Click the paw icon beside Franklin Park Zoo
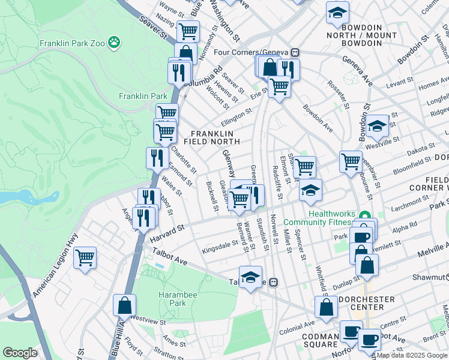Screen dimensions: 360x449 pyautogui.click(x=114, y=43)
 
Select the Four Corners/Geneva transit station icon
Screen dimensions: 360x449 pyautogui.click(x=294, y=52)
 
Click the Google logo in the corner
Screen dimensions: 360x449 pyautogui.click(x=20, y=353)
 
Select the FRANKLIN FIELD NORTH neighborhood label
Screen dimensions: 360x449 pyautogui.click(x=215, y=137)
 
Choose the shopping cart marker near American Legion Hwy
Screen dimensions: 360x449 pyautogui.click(x=85, y=258)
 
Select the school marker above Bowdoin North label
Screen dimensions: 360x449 pyautogui.click(x=337, y=11)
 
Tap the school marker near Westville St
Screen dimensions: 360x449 pyautogui.click(x=377, y=126)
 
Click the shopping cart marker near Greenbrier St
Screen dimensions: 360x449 pyautogui.click(x=351, y=161)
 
